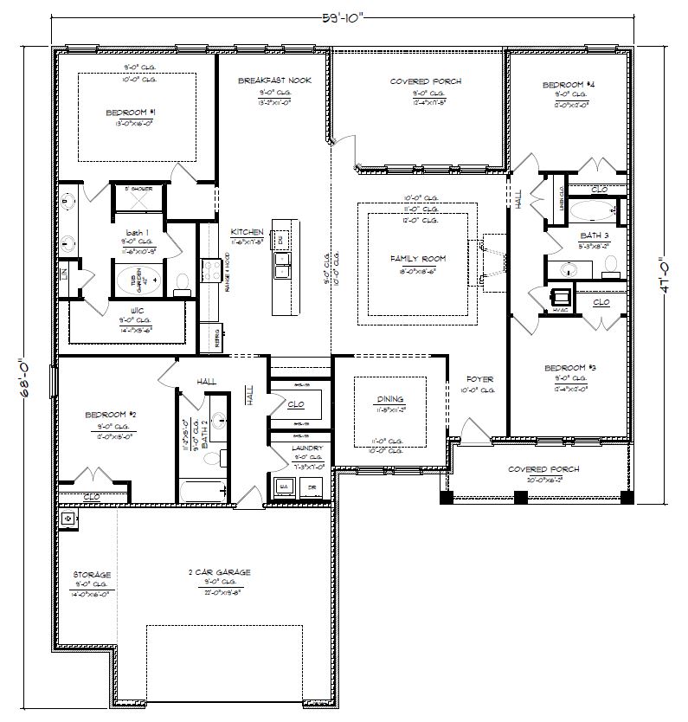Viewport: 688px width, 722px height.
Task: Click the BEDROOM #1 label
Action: [131, 113]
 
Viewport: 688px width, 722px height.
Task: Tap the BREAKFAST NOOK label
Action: [268, 81]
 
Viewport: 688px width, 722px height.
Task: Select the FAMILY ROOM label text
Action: [418, 259]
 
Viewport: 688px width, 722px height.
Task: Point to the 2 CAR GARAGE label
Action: [220, 572]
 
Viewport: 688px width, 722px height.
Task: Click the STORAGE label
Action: [91, 574]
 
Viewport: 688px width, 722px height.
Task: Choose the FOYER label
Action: [479, 379]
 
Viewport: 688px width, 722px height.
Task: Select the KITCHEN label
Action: [247, 233]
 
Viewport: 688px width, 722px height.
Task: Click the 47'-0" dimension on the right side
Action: [664, 274]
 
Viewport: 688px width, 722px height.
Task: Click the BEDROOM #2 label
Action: [106, 415]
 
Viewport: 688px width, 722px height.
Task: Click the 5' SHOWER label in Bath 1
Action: [138, 188]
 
